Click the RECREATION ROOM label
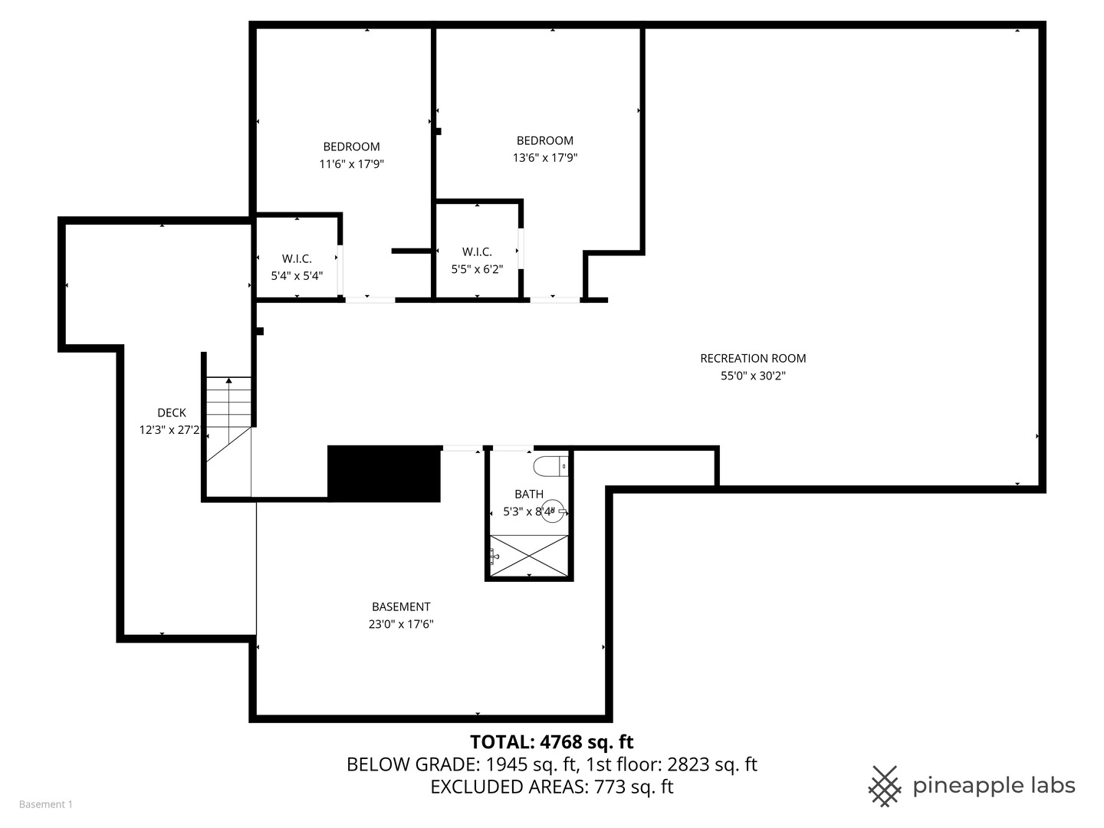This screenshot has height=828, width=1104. pyautogui.click(x=752, y=358)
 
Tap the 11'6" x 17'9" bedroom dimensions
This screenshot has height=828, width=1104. pyautogui.click(x=351, y=164)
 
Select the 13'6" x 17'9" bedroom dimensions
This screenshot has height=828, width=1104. pyautogui.click(x=544, y=158)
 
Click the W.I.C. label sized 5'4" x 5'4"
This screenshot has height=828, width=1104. pyautogui.click(x=297, y=259)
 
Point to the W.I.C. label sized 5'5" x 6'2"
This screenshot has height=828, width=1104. pyautogui.click(x=477, y=252)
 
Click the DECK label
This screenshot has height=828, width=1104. pyautogui.click(x=171, y=412)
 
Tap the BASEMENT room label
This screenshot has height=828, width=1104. pyautogui.click(x=401, y=606)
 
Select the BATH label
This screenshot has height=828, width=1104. pyautogui.click(x=529, y=495)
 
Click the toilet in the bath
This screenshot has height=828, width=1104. pyautogui.click(x=551, y=465)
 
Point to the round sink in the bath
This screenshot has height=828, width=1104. pyautogui.click(x=553, y=511)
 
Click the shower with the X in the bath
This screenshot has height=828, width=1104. pyautogui.click(x=530, y=555)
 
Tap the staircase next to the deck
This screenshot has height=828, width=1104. pyautogui.click(x=228, y=418)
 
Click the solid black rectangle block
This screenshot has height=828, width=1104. pyautogui.click(x=384, y=474)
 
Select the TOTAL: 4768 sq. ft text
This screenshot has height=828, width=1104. pyautogui.click(x=551, y=742)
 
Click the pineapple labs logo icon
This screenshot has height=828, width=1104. pyautogui.click(x=884, y=786)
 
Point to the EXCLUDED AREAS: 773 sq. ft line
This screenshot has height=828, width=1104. pyautogui.click(x=551, y=787)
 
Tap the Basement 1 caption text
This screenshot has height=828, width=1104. pyautogui.click(x=45, y=804)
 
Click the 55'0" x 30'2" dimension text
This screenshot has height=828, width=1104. pyautogui.click(x=752, y=376)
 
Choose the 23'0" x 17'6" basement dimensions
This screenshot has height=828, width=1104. pyautogui.click(x=401, y=624)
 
